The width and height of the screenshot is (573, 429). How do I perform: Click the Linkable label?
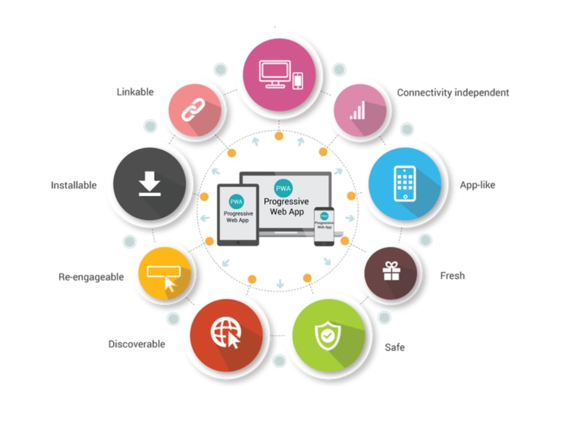pyautogui.click(x=135, y=92)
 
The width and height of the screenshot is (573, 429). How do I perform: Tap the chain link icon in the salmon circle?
pyautogui.click(x=193, y=109)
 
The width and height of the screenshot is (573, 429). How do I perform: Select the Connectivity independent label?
pyautogui.click(x=453, y=93)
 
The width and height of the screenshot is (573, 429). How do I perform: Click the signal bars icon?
pyautogui.click(x=358, y=110)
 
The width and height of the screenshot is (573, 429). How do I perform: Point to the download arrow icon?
pyautogui.click(x=150, y=184)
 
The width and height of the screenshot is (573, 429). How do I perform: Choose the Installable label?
pyautogui.click(x=74, y=185)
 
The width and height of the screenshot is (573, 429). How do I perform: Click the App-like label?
pyautogui.click(x=477, y=185)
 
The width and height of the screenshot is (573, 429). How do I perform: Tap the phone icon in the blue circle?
pyautogui.click(x=405, y=184)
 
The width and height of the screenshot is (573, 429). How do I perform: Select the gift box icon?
pyautogui.click(x=391, y=271)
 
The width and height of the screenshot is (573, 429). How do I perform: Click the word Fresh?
pyautogui.click(x=453, y=276)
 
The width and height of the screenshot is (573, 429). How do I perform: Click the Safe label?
pyautogui.click(x=395, y=347)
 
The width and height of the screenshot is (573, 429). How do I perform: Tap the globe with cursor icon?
pyautogui.click(x=226, y=333)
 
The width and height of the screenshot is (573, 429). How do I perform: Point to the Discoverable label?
pyautogui.click(x=137, y=344)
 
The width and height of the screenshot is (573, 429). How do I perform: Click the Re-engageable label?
pyautogui.click(x=91, y=277)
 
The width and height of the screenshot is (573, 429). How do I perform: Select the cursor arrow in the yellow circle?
pyautogui.click(x=170, y=284)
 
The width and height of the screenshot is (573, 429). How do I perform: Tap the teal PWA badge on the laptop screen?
pyautogui.click(x=283, y=188)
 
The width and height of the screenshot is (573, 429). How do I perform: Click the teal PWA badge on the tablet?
pyautogui.click(x=237, y=202)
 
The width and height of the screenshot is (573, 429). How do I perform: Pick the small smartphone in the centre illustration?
pyautogui.click(x=324, y=227)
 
